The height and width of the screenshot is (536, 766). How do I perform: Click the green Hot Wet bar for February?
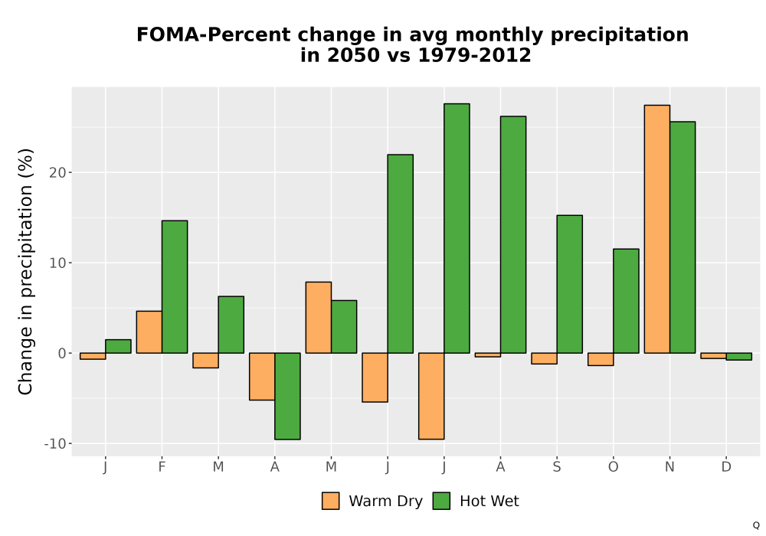(175, 286)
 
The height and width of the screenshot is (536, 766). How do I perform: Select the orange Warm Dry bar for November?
(657, 229)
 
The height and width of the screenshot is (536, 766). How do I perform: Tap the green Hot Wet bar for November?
(683, 237)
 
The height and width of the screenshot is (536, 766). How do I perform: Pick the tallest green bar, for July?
(457, 228)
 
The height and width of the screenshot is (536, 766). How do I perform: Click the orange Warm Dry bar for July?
(431, 396)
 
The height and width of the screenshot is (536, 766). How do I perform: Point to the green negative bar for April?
(287, 396)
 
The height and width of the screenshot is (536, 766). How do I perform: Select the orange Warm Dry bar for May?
(319, 317)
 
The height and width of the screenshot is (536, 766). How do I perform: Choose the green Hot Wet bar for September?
(570, 284)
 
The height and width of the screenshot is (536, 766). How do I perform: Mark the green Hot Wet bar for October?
(627, 301)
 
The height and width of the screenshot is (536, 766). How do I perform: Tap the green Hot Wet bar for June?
(400, 254)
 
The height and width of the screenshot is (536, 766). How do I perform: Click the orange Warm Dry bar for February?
(149, 332)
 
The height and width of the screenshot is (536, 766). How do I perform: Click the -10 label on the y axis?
(55, 444)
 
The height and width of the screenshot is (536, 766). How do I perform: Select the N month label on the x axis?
(669, 467)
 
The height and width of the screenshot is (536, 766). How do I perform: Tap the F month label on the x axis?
(162, 467)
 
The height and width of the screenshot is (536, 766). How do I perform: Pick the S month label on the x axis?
(557, 467)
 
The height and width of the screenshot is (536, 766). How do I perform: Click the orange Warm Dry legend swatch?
(331, 501)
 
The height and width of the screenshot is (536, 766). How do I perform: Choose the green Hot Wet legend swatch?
(441, 501)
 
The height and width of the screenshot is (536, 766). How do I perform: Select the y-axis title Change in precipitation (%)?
(25, 271)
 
